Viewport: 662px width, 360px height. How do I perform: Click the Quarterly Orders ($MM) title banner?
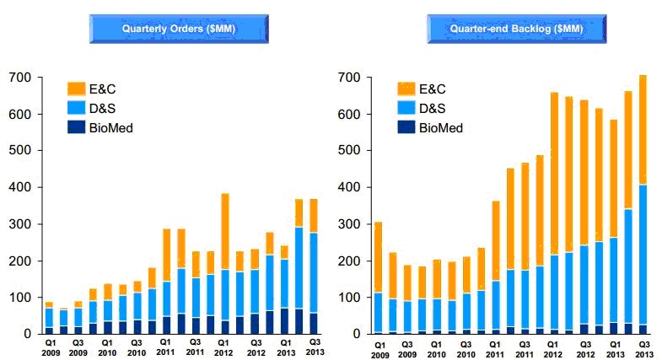coord(179,29)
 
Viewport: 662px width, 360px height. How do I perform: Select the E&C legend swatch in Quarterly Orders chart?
coord(75,89)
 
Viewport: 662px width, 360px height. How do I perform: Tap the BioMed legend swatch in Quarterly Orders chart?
coord(75,127)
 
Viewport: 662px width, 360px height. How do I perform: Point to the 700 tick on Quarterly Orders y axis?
coord(21,78)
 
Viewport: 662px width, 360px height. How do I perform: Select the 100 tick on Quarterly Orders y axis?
coord(21,298)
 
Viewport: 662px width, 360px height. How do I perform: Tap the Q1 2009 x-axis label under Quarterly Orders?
coord(49,348)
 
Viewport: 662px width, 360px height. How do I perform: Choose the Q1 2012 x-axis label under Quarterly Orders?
coord(225,348)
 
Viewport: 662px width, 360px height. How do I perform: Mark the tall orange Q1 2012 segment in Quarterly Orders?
coord(225,231)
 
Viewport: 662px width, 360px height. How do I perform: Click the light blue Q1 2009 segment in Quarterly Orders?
coord(49,318)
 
